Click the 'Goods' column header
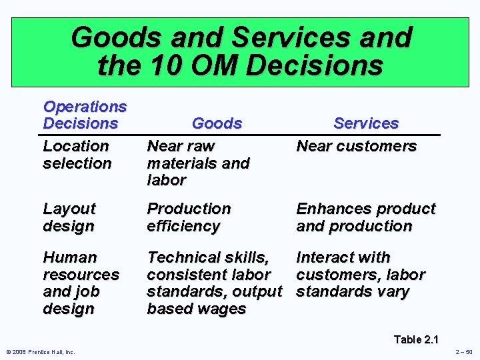click(x=217, y=123)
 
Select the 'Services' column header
click(x=366, y=123)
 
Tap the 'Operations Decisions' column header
click(x=85, y=115)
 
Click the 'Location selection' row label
click(x=76, y=154)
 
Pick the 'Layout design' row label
click(x=69, y=217)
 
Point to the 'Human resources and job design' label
click(x=81, y=283)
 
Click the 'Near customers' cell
click(x=356, y=146)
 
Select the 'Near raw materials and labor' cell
click(x=198, y=163)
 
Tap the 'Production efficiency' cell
click(x=189, y=217)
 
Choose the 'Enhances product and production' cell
click(x=365, y=217)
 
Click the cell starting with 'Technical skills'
click(x=214, y=283)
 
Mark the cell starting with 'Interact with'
click(x=360, y=274)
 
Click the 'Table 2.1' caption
click(x=417, y=339)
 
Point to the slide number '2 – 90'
click(x=463, y=352)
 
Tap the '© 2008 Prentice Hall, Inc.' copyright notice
click(x=41, y=352)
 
